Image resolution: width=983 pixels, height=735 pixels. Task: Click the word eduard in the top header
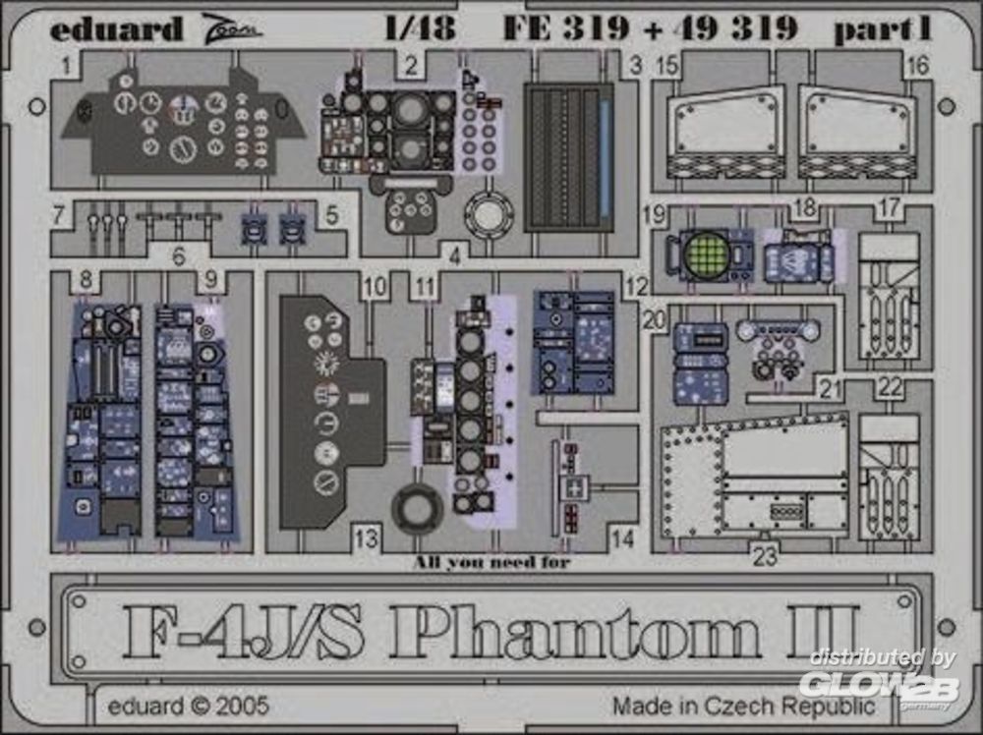[x=116, y=28]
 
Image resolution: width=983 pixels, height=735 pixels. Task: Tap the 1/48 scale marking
[x=421, y=28]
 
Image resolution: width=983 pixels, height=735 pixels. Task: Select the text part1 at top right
[x=883, y=29]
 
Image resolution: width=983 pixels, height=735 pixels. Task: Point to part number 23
[x=765, y=556]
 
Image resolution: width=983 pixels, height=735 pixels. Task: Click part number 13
[x=367, y=537]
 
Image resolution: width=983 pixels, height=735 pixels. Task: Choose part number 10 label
[x=375, y=287]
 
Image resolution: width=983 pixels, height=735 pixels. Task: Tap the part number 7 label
[x=58, y=215]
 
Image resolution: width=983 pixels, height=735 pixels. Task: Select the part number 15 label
[x=668, y=65]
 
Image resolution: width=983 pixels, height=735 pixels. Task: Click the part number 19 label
[x=654, y=215]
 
